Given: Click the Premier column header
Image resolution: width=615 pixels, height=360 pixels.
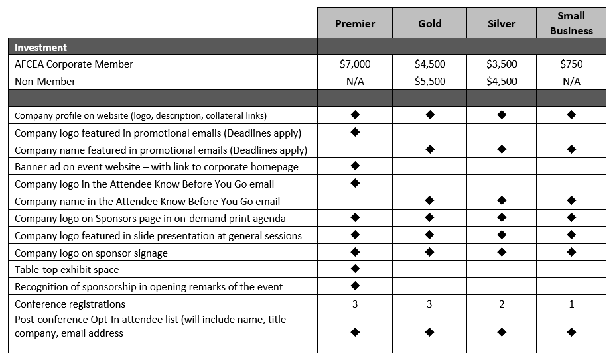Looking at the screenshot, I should pos(355,24).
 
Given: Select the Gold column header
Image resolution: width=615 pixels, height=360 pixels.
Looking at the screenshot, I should pos(430,24).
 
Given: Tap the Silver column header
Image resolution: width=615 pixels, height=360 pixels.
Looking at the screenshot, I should pos(502,24).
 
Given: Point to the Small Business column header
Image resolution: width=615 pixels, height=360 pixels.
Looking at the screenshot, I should pos(571,23).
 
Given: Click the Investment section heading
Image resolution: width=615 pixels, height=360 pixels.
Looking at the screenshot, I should pos(40,48).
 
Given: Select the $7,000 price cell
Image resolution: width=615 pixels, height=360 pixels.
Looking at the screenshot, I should pos(355,64).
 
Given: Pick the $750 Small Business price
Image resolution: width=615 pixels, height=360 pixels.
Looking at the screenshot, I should pos(571,64).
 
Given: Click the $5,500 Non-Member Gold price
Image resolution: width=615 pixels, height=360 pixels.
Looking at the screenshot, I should pos(430,82).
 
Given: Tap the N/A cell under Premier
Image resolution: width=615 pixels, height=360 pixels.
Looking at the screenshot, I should pos(355,82).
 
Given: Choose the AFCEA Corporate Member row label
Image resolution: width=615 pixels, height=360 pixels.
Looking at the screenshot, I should pos(74,64).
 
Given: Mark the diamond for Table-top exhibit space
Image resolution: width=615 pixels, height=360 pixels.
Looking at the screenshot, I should pos(355,269).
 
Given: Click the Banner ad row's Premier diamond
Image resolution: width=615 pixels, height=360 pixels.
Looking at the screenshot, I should pos(355,166).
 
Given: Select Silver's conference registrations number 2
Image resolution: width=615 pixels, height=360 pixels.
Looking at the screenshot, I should pos(502,304).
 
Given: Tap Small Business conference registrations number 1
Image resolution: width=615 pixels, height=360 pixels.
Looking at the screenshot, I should pos(571,304).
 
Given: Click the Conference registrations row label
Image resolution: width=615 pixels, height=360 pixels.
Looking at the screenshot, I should pos(70,304).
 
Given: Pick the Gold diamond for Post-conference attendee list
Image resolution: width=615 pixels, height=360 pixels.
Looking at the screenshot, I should pos(430,332).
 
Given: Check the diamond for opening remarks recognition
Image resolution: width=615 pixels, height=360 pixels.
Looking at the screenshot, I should pos(355,286).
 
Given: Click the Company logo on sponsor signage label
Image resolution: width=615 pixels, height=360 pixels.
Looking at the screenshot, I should pos(91,253).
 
